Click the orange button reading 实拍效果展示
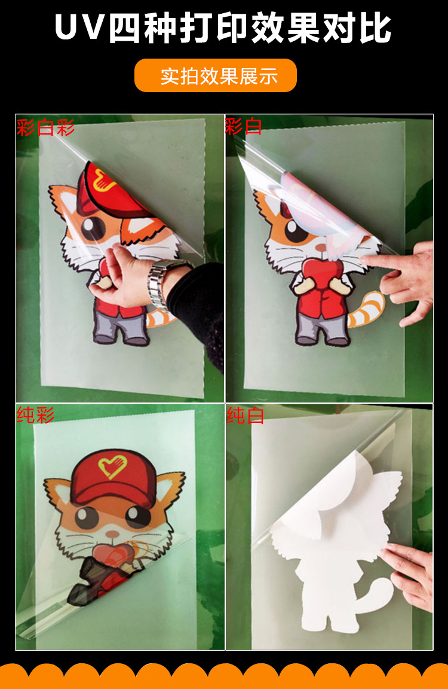tap(216, 76)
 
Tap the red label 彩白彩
tap(45, 127)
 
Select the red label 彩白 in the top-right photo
tap(243, 126)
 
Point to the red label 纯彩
tap(36, 414)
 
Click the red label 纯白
tap(245, 416)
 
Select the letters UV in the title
tap(78, 28)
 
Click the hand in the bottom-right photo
tap(412, 574)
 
